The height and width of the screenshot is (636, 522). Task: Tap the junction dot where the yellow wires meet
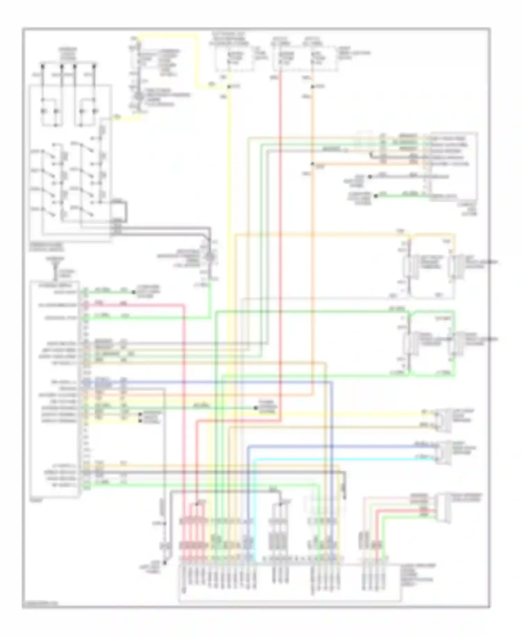tap(228, 86)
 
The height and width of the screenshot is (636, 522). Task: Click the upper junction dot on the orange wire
tap(313, 86)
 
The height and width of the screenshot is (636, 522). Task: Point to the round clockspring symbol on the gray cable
tap(210, 257)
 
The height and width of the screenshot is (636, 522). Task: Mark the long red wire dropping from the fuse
tap(280, 244)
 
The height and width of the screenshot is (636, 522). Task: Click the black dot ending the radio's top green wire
tap(134, 292)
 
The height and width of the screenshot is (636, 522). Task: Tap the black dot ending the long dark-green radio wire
tap(256, 408)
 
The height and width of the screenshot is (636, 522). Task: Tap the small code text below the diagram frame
tap(40, 604)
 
